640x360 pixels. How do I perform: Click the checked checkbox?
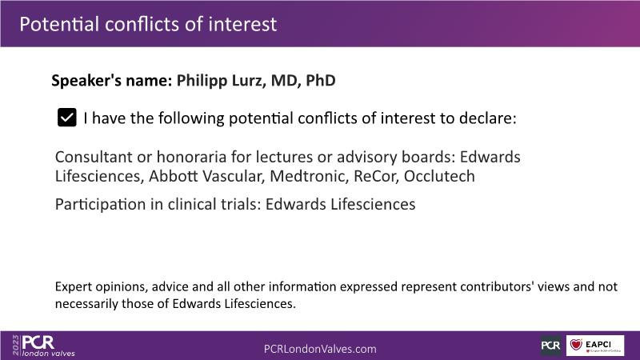click(67, 118)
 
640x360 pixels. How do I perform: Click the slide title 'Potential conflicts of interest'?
click(148, 24)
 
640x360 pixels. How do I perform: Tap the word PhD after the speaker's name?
click(321, 81)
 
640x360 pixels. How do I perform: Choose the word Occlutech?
click(439, 176)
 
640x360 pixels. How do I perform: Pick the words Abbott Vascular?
click(206, 176)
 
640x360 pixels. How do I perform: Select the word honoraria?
click(191, 157)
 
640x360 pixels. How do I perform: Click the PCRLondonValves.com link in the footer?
click(320, 349)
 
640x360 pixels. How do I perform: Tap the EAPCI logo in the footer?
click(595, 346)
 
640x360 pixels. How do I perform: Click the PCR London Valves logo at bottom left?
click(43, 346)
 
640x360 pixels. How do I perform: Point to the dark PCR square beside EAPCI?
click(551, 346)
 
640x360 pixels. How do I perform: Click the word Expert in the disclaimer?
click(73, 287)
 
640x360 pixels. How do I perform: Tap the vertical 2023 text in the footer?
click(16, 346)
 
